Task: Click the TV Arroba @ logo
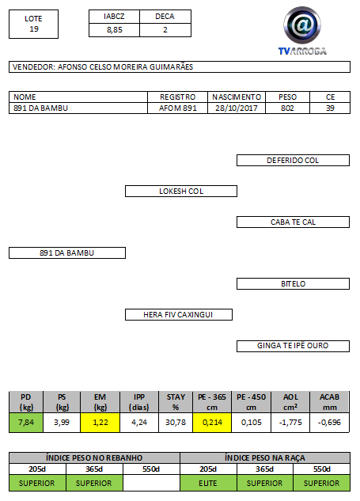click(302, 30)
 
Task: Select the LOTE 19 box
click(33, 24)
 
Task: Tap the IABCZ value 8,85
click(115, 30)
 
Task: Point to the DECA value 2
click(165, 30)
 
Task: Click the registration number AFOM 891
click(177, 108)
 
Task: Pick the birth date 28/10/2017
click(237, 108)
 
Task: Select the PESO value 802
click(287, 108)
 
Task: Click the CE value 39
click(330, 108)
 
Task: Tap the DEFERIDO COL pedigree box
click(293, 161)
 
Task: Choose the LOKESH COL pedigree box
click(181, 191)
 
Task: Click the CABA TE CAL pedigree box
click(293, 222)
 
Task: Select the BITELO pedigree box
click(293, 283)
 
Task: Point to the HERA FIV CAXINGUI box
click(179, 315)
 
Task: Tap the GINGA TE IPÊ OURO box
click(293, 346)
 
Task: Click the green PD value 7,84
click(26, 423)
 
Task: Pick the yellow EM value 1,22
click(100, 423)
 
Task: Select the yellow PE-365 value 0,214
click(212, 423)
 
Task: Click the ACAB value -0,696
click(329, 423)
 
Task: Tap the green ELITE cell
click(208, 483)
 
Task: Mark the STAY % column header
click(176, 402)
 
